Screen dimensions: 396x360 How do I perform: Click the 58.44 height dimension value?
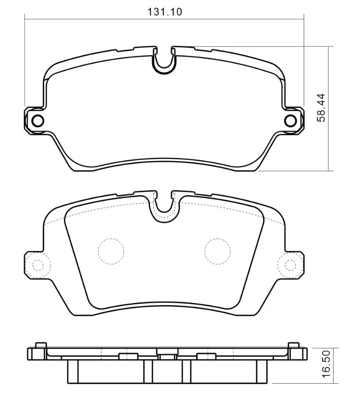point(321,108)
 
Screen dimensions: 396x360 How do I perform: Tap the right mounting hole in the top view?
point(290,120)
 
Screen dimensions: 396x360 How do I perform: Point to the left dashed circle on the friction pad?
point(111,251)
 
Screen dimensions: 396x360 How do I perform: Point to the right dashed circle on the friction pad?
point(217,251)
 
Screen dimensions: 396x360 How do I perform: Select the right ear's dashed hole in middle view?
point(290,264)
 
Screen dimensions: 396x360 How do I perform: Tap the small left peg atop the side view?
point(41,344)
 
